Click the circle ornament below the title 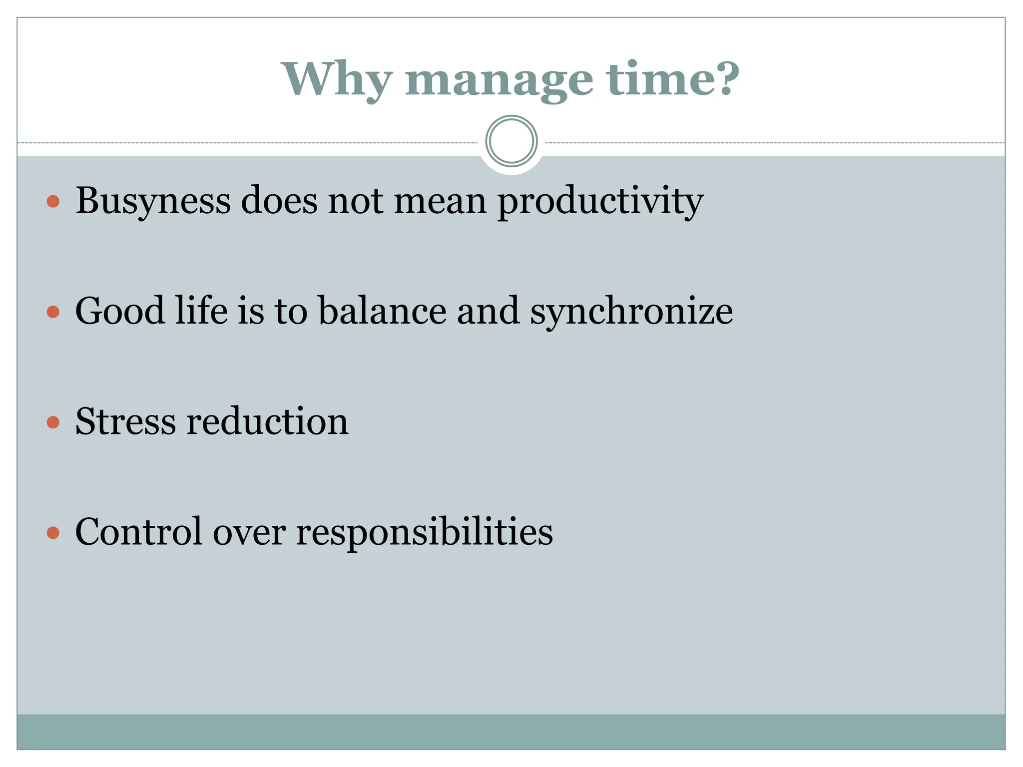tap(511, 141)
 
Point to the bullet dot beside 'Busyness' tap(53, 202)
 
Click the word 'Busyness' tap(153, 201)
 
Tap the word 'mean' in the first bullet tap(440, 201)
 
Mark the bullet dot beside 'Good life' tap(53, 312)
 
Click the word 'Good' tap(119, 311)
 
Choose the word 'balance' tap(383, 311)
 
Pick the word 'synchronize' tap(631, 312)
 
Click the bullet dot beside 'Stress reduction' tap(53, 422)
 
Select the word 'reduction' tap(267, 421)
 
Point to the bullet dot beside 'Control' tap(53, 533)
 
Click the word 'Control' tap(139, 531)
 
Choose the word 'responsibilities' tap(425, 532)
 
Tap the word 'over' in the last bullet tap(249, 532)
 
